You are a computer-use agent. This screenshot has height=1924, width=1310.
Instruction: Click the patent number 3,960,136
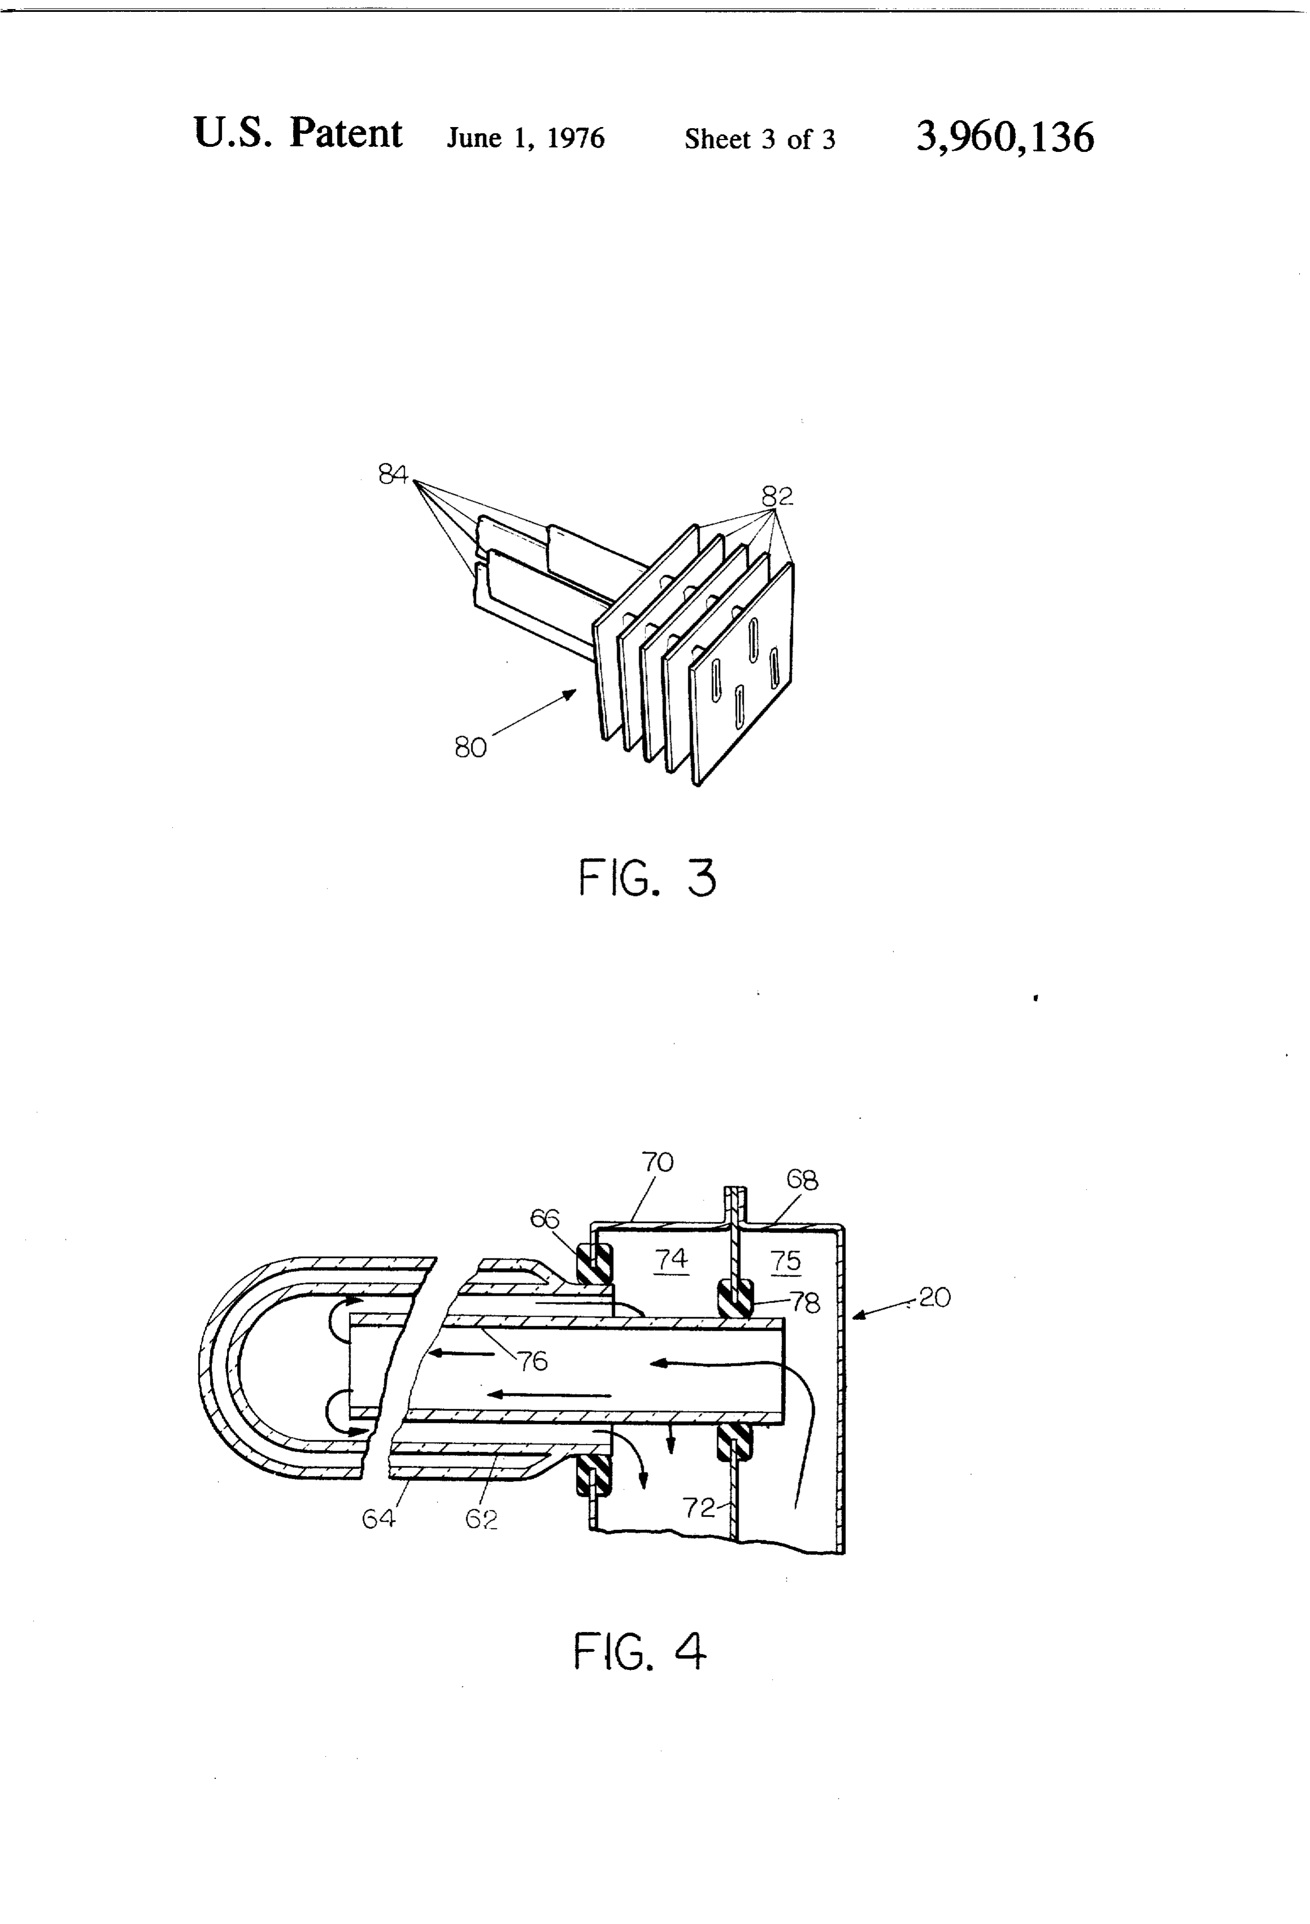pos(1005,137)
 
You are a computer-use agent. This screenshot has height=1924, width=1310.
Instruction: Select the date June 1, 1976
pos(526,137)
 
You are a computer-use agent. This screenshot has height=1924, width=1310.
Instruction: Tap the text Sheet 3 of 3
pos(759,139)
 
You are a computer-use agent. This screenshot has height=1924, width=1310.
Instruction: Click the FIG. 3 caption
pos(647,878)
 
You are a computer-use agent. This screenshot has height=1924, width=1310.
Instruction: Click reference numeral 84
pos(394,474)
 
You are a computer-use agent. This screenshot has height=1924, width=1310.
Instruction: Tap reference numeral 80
pos(470,747)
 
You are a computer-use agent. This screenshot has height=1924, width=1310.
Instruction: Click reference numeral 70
pos(657,1163)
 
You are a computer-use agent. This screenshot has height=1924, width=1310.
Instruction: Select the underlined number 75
pos(786,1261)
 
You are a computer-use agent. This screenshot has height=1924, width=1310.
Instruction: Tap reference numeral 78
pos(805,1303)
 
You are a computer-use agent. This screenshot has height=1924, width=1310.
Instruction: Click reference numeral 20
pos(935,1297)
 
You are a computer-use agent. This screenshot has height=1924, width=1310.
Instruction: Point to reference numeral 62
pos(481,1519)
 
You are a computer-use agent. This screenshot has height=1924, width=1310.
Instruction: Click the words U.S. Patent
pos(298,133)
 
